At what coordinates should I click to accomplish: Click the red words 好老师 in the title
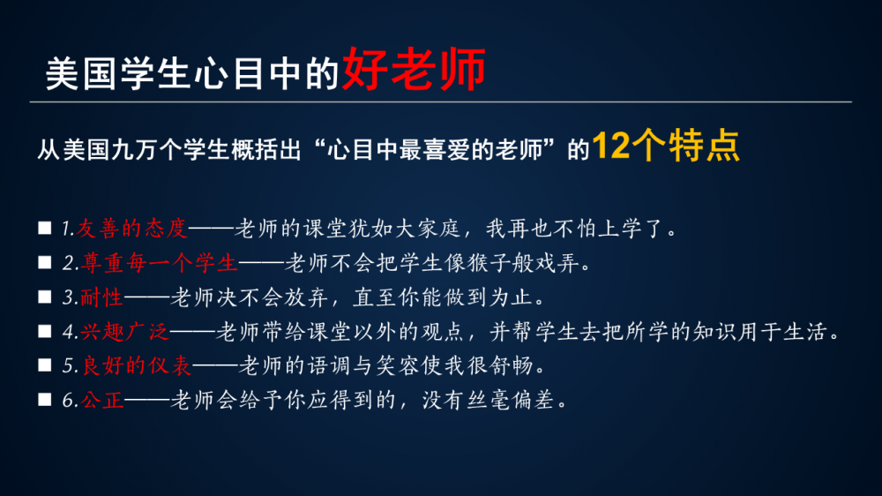point(414,69)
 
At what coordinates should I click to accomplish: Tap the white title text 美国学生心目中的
point(192,74)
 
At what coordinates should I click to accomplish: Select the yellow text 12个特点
point(666,146)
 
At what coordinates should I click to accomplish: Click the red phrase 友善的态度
point(131,229)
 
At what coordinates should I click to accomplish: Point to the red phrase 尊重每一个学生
point(159,263)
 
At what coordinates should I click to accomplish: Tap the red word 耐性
point(101,297)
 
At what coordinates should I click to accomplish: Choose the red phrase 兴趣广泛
point(125,332)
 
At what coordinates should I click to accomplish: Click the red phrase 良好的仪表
point(137,366)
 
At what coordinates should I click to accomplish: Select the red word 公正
point(102,401)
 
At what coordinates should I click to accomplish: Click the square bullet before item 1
point(44,228)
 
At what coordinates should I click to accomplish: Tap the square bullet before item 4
point(44,331)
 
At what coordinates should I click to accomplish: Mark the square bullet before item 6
point(44,400)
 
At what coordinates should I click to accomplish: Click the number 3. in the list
point(70,297)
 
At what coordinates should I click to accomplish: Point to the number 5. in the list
point(70,366)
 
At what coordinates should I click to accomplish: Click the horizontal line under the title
point(441,101)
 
